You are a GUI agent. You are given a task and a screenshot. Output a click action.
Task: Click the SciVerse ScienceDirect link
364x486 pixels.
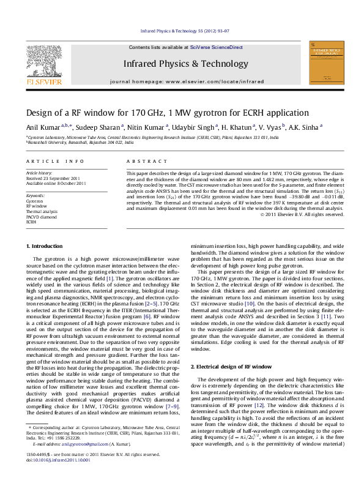pos(216,47)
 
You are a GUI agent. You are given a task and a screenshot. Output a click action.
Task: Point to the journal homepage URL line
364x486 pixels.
pos(187,81)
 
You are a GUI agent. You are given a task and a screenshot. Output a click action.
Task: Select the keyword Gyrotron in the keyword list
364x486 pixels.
pos(34,201)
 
